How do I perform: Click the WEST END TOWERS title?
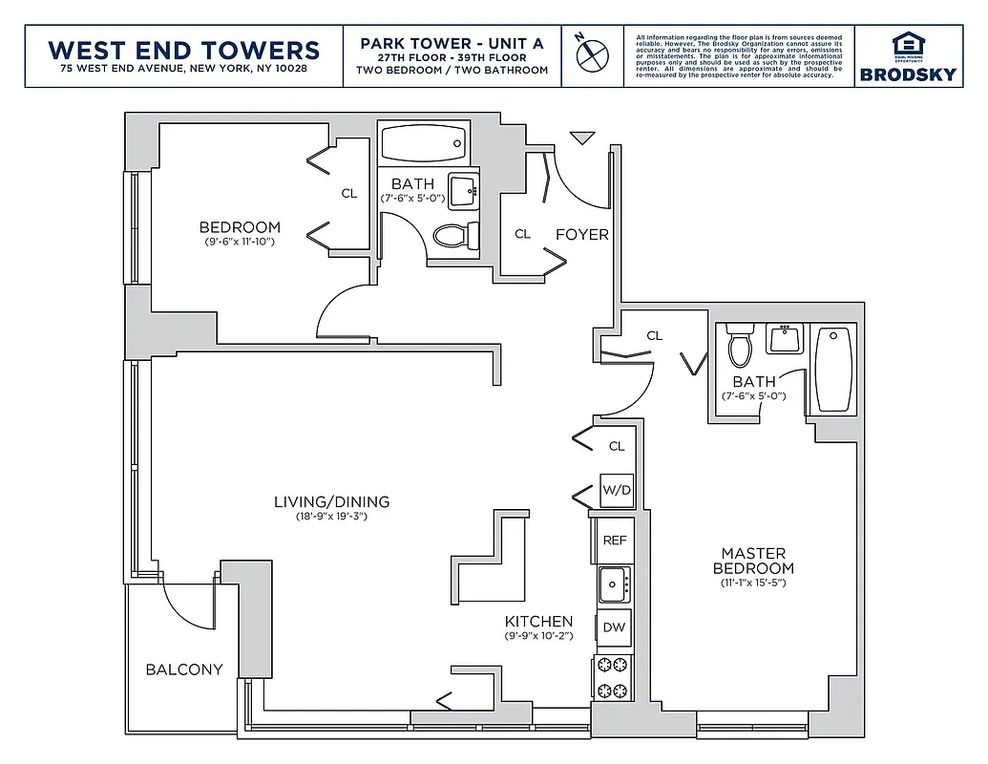pyautogui.click(x=184, y=49)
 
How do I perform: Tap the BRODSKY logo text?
pyautogui.click(x=903, y=74)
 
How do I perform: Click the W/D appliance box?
pyautogui.click(x=617, y=491)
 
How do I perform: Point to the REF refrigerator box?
pyautogui.click(x=615, y=540)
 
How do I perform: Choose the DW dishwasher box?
pyautogui.click(x=614, y=627)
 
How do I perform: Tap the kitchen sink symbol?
pyautogui.click(x=612, y=580)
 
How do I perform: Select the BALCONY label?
pyautogui.click(x=184, y=669)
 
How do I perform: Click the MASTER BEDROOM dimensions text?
pyautogui.click(x=753, y=583)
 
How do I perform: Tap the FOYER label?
pyautogui.click(x=581, y=234)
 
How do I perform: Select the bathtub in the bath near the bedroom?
pyautogui.click(x=423, y=144)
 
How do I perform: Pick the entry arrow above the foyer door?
pyautogui.click(x=580, y=139)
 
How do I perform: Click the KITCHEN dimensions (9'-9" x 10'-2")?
pyautogui.click(x=538, y=636)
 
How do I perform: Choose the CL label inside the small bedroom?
pyautogui.click(x=349, y=194)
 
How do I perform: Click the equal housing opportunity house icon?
pyautogui.click(x=903, y=43)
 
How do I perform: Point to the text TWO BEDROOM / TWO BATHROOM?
pyautogui.click(x=452, y=70)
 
